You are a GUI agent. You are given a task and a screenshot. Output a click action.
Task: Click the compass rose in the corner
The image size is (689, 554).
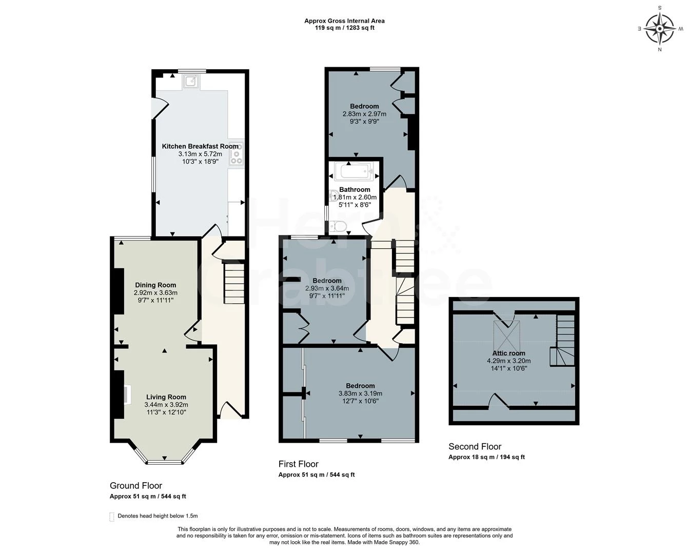(x=660, y=29)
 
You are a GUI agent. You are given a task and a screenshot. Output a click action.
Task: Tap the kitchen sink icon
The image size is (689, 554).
(x=191, y=81)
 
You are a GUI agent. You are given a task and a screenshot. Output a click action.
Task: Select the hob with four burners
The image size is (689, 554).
(x=237, y=153)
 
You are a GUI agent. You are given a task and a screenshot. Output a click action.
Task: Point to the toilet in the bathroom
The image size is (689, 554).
(x=339, y=226)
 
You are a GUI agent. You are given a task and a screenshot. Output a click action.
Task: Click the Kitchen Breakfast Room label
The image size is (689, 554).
(x=200, y=146)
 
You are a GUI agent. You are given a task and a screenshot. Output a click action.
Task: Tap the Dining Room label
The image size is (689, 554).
(x=155, y=285)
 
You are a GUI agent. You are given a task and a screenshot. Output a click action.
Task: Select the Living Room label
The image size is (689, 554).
(x=166, y=397)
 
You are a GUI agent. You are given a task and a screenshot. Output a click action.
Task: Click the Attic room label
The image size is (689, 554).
(x=509, y=353)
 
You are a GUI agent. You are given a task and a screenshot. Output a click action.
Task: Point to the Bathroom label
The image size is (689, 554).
(x=355, y=190)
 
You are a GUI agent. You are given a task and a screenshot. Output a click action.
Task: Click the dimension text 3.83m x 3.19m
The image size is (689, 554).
(x=361, y=393)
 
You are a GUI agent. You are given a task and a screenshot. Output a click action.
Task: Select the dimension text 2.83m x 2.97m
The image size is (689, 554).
(x=364, y=114)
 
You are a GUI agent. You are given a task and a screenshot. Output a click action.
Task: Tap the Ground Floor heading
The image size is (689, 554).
(x=136, y=485)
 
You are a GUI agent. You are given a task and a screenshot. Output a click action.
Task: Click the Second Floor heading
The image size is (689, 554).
(x=475, y=446)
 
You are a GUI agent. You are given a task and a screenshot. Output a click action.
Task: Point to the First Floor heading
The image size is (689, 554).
(x=299, y=464)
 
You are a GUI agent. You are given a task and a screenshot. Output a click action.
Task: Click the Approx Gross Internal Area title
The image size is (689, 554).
(x=345, y=21)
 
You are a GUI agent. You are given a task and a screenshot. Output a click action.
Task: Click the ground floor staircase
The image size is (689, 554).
(x=234, y=283)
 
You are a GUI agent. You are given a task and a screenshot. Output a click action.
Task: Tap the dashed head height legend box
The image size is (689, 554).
(x=112, y=517)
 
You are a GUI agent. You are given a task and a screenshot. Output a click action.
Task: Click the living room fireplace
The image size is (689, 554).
(x=127, y=394)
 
